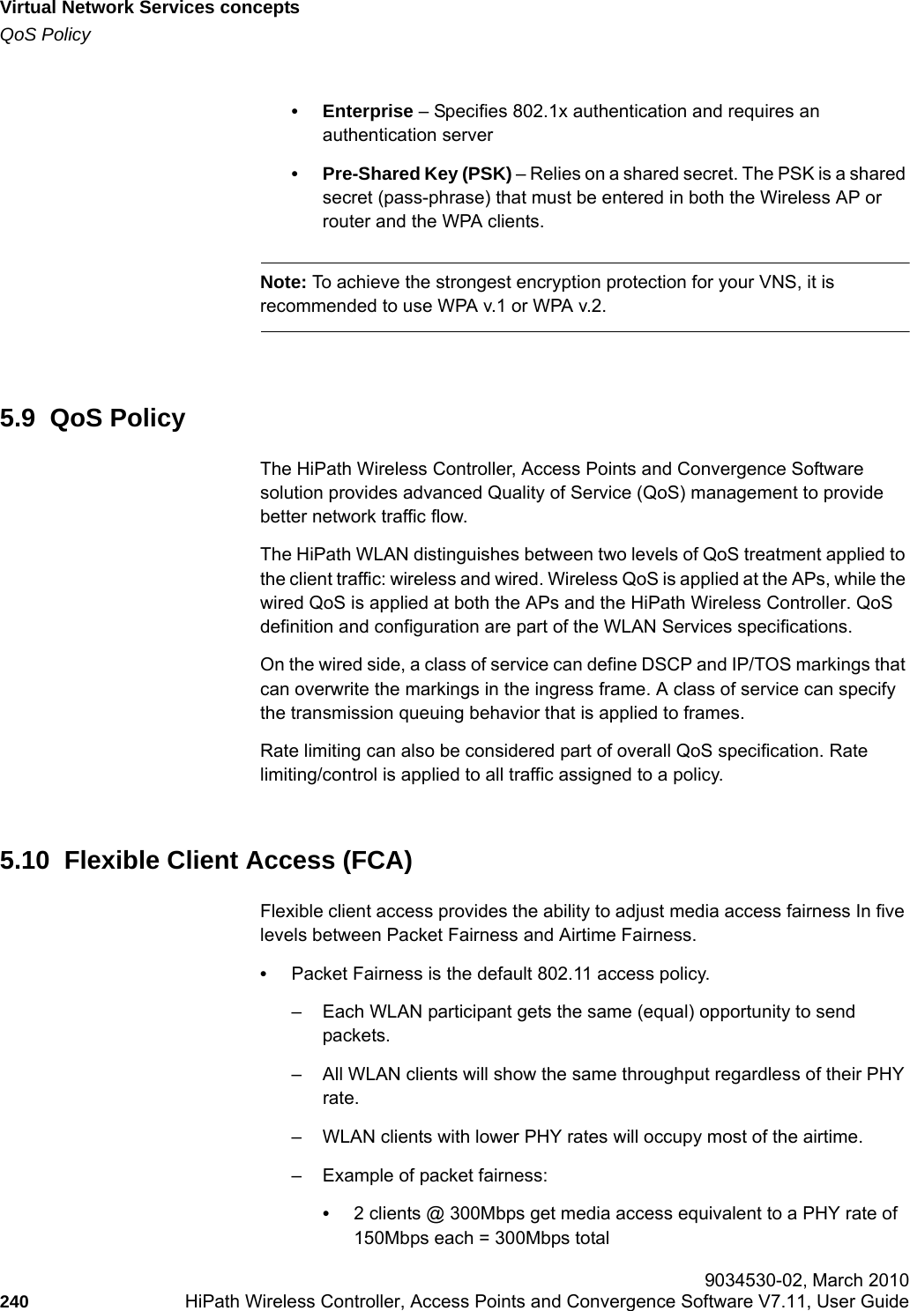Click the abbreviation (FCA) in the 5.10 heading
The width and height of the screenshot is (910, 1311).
[377, 860]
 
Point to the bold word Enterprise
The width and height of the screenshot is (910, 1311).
[368, 112]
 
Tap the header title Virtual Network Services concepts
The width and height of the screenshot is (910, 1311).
[150, 9]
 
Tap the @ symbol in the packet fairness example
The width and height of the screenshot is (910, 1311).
[435, 1214]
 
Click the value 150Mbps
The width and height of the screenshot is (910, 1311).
[389, 1238]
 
